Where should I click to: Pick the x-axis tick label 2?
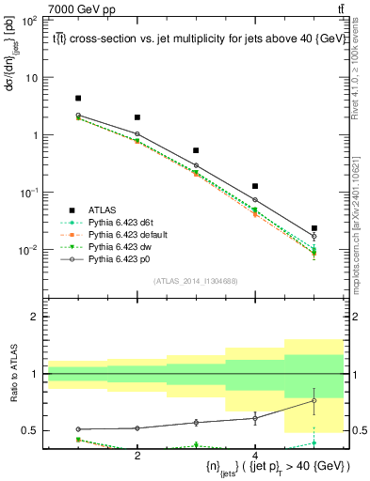click(137, 455)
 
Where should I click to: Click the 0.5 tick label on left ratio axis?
click(30, 431)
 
